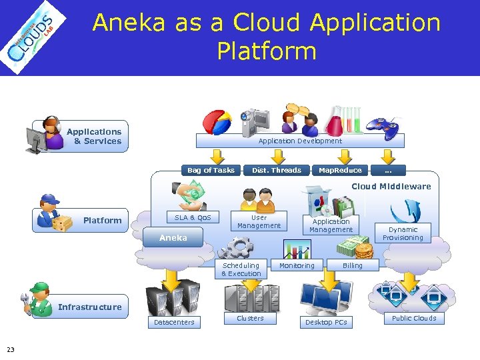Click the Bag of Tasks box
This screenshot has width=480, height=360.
click(x=211, y=170)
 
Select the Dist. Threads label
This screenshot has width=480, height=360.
click(x=277, y=170)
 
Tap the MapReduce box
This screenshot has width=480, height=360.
click(x=340, y=170)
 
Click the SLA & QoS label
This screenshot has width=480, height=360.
click(x=193, y=217)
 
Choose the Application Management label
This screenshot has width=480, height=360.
click(x=331, y=225)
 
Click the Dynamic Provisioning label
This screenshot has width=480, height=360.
click(x=403, y=233)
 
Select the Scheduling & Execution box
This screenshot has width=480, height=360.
click(x=241, y=269)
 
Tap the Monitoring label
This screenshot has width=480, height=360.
click(x=297, y=265)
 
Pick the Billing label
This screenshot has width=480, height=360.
click(x=353, y=265)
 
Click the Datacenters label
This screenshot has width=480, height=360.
click(x=174, y=322)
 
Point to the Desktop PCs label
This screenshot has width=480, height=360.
click(x=326, y=322)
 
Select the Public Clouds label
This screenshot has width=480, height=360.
click(x=414, y=318)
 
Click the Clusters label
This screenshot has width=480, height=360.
click(x=250, y=318)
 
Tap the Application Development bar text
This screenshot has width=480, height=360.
click(x=300, y=141)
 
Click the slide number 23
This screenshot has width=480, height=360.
click(x=10, y=349)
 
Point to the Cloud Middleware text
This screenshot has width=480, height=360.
click(x=391, y=187)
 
